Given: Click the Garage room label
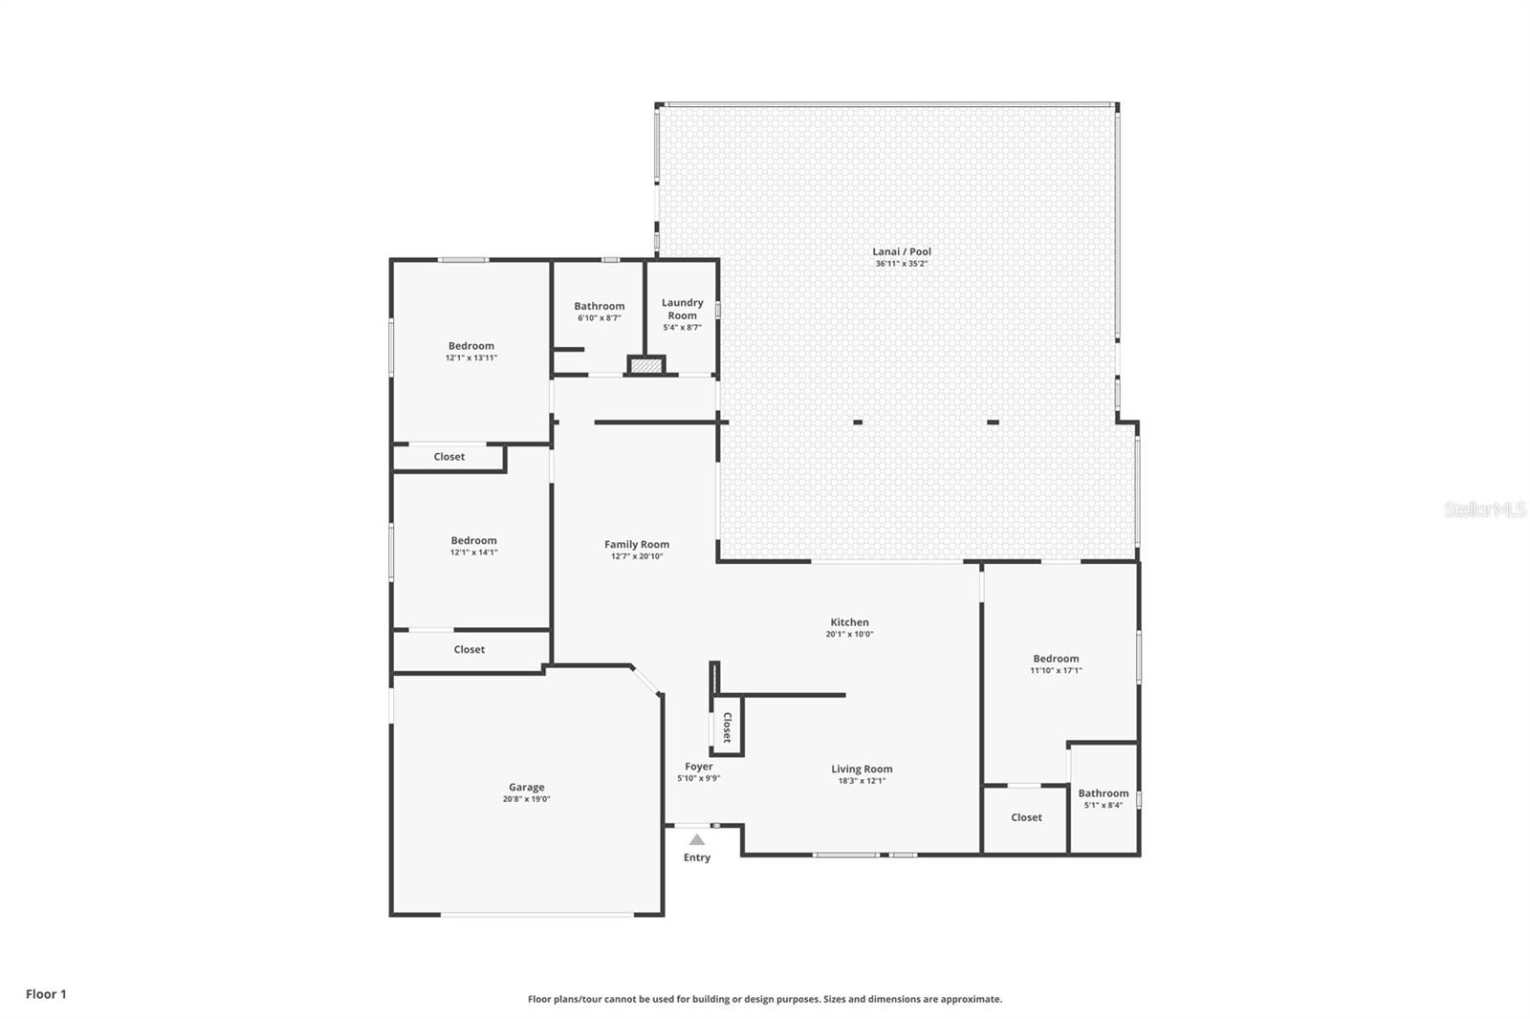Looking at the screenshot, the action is (x=526, y=787).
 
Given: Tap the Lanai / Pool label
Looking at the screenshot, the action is (x=902, y=251).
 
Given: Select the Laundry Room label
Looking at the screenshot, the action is (x=683, y=309).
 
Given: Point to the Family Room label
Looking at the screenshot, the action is (x=637, y=544).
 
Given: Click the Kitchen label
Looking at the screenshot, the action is (x=850, y=622).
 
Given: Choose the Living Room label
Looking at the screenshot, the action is (x=862, y=770).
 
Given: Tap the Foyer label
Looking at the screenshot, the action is (x=699, y=767).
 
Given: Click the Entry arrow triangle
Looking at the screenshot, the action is (x=697, y=840).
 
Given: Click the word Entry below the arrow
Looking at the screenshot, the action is (x=697, y=857).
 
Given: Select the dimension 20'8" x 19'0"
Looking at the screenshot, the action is (x=527, y=799).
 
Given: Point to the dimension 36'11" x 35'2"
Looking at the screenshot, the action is (x=902, y=264).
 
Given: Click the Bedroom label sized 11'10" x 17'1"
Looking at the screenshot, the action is (x=1056, y=659).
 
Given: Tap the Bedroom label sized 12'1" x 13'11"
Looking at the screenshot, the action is (x=471, y=346).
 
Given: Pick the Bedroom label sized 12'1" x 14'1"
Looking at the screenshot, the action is (x=474, y=540).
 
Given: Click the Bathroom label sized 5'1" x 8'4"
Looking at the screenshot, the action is (x=1104, y=793).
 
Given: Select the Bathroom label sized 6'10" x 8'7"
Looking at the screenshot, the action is (x=599, y=306).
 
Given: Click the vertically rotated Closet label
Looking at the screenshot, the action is (x=728, y=727).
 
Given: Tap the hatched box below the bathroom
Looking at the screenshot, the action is (x=646, y=366).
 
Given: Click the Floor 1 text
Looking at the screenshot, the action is (x=47, y=994).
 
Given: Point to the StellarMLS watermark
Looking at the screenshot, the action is (x=1485, y=509).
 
